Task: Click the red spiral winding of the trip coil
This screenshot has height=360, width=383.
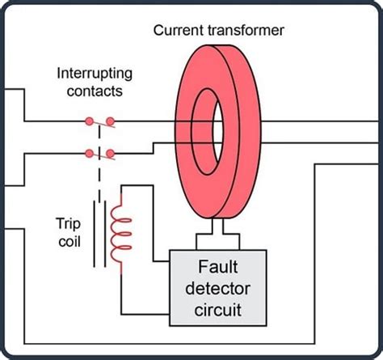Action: coord(120,234)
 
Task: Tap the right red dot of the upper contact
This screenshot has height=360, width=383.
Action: coord(110,122)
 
